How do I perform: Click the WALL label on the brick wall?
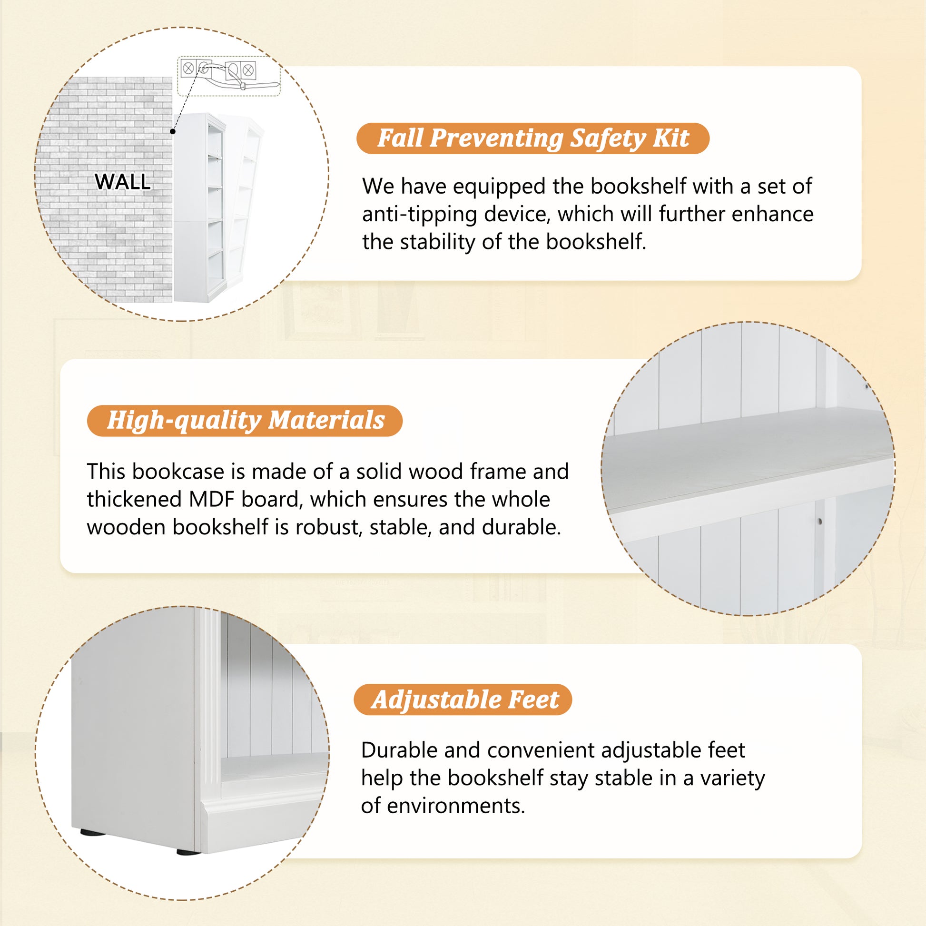123,182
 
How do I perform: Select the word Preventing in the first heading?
496,139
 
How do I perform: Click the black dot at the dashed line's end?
173,131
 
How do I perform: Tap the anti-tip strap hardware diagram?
229,76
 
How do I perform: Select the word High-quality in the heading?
184,421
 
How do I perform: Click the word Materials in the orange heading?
326,420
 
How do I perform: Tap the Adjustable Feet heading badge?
463,700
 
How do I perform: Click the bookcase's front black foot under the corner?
188,852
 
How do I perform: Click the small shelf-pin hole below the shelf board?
820,521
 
